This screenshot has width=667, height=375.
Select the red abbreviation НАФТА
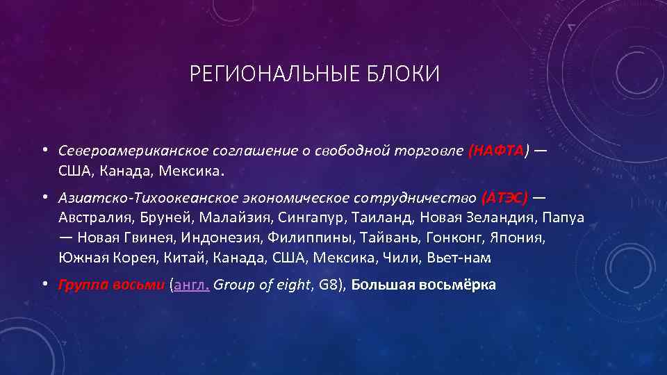[498, 150]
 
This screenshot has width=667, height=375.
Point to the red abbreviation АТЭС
[504, 198]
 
